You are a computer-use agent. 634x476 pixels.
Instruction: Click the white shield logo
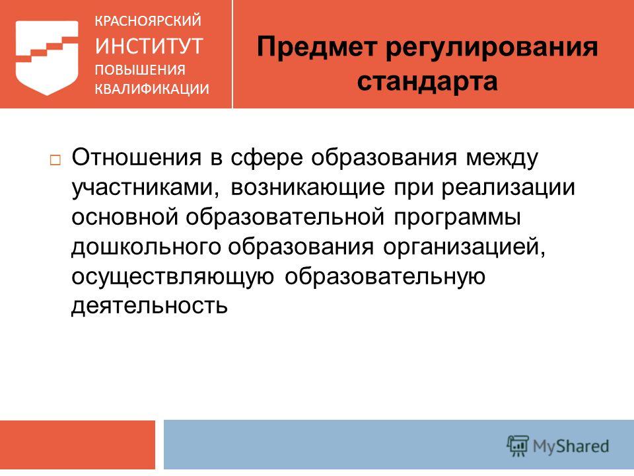click(47, 57)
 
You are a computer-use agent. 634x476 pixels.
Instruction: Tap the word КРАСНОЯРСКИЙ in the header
click(147, 20)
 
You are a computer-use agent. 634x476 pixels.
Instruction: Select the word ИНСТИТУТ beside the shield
click(149, 46)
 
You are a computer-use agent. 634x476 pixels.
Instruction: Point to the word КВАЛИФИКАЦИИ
click(152, 89)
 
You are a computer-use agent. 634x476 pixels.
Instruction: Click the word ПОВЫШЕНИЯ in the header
click(140, 69)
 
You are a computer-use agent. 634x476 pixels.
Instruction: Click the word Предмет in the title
click(316, 47)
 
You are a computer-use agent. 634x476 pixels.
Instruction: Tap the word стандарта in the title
click(427, 81)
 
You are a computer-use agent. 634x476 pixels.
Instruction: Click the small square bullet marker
click(55, 160)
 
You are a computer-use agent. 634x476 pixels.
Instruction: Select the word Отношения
click(136, 157)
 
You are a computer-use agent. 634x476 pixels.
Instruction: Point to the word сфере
click(266, 158)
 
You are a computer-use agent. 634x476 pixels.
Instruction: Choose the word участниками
click(146, 188)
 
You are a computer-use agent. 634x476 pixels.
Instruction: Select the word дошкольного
click(146, 247)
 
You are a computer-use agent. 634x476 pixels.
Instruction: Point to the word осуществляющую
click(172, 277)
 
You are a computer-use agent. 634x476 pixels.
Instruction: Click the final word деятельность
click(150, 305)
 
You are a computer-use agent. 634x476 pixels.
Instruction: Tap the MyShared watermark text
click(571, 446)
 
